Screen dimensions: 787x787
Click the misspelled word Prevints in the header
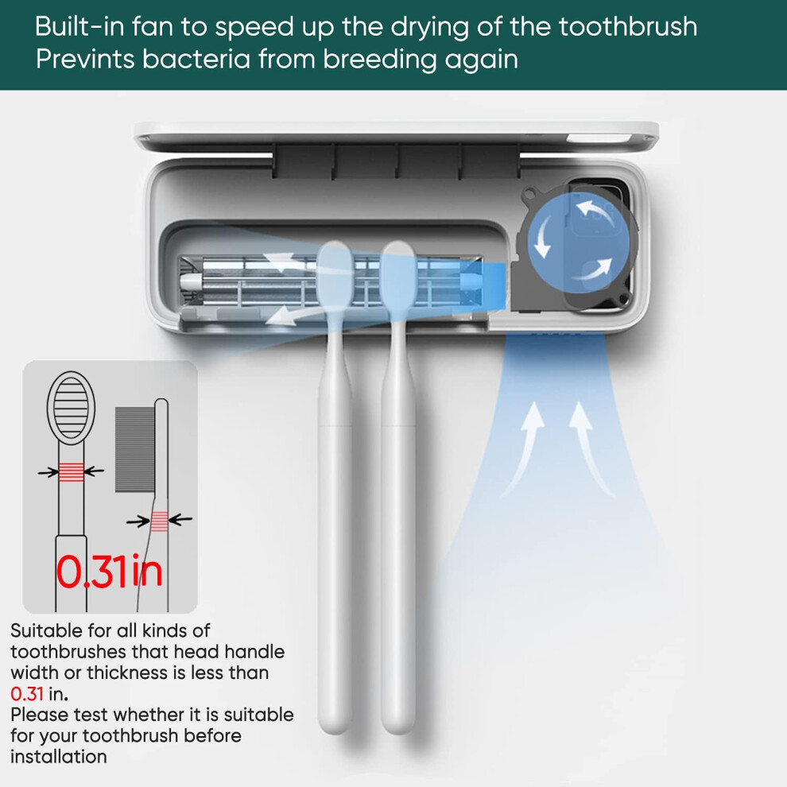[85, 60]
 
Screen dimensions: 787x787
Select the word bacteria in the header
[196, 60]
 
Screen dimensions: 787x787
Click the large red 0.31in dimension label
[110, 572]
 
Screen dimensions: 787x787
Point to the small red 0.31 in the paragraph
[26, 694]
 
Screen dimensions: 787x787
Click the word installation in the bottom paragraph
[59, 756]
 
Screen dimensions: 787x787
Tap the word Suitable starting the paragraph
[46, 630]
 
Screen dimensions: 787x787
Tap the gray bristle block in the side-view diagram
[135, 449]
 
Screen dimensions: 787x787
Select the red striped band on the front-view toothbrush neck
[72, 471]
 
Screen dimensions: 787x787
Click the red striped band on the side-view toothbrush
[159, 521]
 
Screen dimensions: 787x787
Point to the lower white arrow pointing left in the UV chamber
[301, 316]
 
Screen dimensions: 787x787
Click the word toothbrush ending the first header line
[628, 26]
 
